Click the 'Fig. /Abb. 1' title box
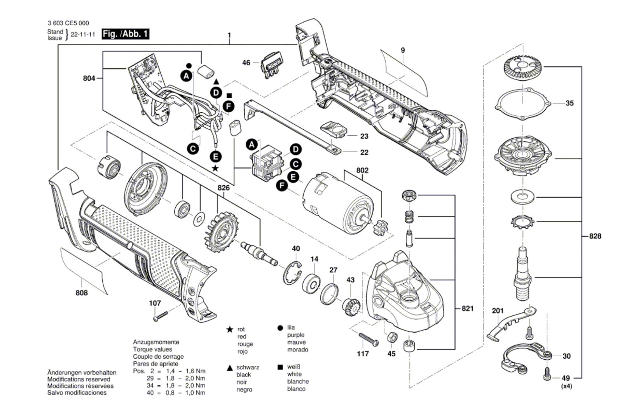click(125, 34)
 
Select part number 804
click(89, 78)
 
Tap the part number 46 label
click(246, 63)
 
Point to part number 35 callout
click(569, 103)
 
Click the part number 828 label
click(595, 236)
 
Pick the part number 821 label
click(467, 308)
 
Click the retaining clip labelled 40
click(292, 273)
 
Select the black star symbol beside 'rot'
click(230, 330)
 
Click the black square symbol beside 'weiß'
click(280, 367)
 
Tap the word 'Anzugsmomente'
click(156, 342)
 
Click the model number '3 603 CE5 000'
click(68, 23)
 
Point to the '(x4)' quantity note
click(566, 387)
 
